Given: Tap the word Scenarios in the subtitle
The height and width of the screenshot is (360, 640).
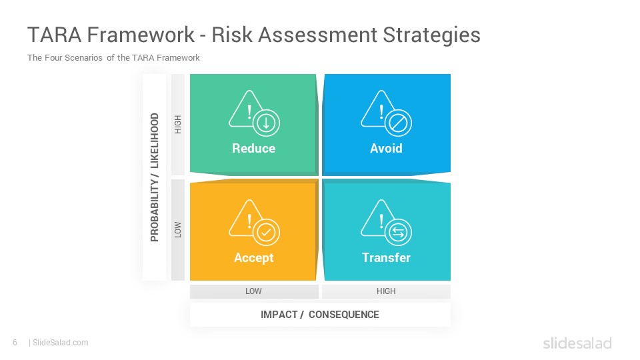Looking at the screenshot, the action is (83, 57).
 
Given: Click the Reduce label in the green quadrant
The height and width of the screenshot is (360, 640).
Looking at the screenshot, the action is (253, 148).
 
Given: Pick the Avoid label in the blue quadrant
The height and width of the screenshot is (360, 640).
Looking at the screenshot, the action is (386, 148).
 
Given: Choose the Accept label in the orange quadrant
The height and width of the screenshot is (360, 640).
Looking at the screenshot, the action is (253, 258).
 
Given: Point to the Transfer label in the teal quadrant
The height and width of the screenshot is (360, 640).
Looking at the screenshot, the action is (386, 257).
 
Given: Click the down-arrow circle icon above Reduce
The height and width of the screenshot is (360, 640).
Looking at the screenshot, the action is (266, 123).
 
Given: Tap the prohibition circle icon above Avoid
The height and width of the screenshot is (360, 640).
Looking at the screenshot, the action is (398, 123).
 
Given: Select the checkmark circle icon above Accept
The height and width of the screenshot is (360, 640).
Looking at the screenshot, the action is (266, 233).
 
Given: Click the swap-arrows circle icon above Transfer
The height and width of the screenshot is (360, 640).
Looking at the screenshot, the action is (398, 233).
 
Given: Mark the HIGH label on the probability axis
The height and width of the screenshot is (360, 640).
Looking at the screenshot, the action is (178, 125).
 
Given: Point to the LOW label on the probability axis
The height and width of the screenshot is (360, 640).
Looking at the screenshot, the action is (178, 230).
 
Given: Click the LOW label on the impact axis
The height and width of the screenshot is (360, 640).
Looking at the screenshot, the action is (253, 291).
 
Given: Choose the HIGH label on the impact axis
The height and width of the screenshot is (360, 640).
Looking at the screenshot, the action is (386, 291).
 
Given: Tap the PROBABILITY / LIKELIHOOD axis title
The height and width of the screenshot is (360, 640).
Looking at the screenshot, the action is (155, 177).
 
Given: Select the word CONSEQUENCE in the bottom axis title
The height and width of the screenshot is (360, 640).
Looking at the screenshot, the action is (344, 315).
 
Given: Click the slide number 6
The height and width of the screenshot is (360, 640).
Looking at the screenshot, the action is (15, 343).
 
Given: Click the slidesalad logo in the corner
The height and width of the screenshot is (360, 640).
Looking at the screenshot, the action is (577, 343).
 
